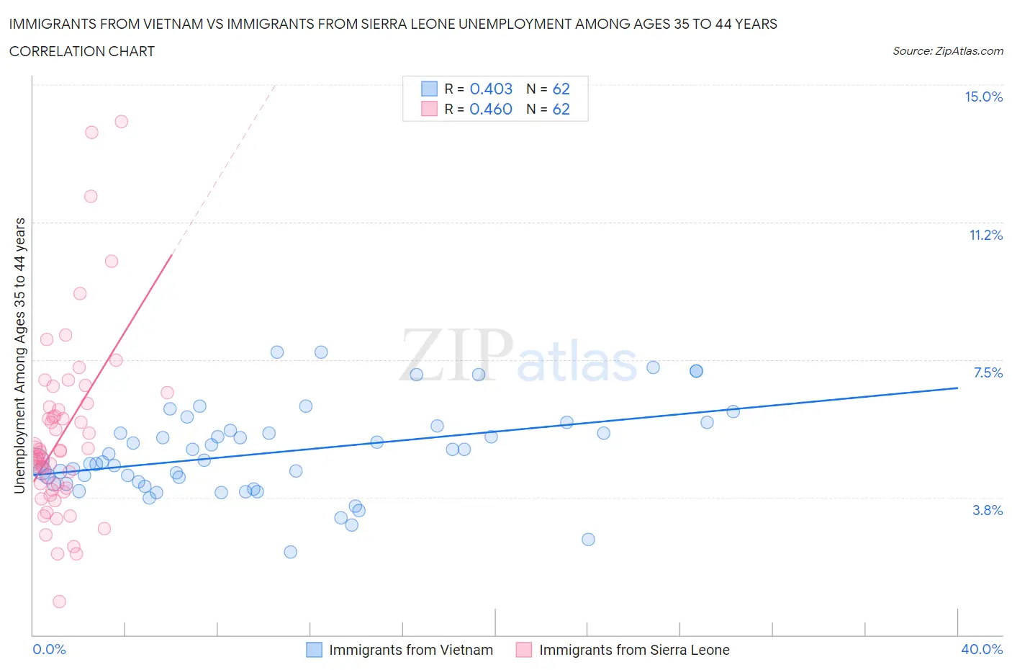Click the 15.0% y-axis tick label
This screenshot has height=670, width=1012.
tap(983, 97)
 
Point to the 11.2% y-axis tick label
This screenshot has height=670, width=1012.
tap(985, 235)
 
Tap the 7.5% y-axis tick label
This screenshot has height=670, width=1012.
tap(988, 372)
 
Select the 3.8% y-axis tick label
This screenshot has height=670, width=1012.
tap(988, 510)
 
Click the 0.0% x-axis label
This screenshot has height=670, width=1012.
tap(49, 649)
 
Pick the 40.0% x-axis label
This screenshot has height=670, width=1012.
tap(982, 649)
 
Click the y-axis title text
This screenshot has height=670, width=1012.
tap(19, 356)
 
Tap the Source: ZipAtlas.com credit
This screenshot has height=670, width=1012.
tap(947, 50)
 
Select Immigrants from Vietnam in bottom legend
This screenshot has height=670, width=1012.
tap(411, 650)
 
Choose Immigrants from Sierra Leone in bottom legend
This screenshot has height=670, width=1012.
tap(634, 650)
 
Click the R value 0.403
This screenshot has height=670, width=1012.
tap(491, 89)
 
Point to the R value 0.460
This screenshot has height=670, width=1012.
tap(491, 109)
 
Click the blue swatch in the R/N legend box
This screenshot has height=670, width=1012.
tap(429, 89)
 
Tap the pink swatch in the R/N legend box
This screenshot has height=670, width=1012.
tap(429, 109)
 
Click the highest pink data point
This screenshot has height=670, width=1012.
tap(121, 122)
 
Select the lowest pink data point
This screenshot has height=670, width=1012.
tap(59, 602)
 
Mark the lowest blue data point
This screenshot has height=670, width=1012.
tap(290, 552)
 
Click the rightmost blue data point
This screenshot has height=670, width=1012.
tap(733, 411)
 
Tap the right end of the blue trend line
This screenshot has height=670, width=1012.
tap(957, 388)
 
